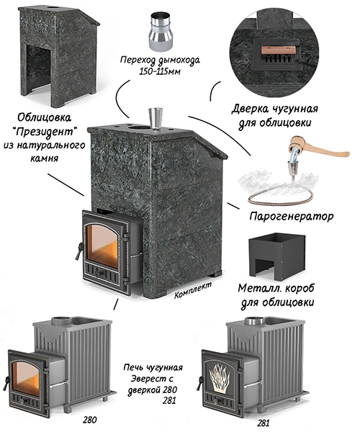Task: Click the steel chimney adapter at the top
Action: pyautogui.click(x=161, y=33)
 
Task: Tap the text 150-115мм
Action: pyautogui.click(x=160, y=71)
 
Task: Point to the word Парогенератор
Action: pyautogui.click(x=291, y=216)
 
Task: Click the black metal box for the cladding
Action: pyautogui.click(x=277, y=254)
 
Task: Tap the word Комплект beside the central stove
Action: pyautogui.click(x=193, y=290)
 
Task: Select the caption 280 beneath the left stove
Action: pyautogui.click(x=90, y=420)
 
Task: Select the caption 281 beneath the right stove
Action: pyautogui.click(x=263, y=423)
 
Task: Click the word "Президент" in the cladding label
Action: pyautogui.click(x=45, y=132)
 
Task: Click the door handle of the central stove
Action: pyautogui.click(x=78, y=251)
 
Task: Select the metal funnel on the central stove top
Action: pyautogui.click(x=156, y=119)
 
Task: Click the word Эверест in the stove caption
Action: pyautogui.click(x=152, y=379)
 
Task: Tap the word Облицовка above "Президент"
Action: pyautogui.click(x=45, y=118)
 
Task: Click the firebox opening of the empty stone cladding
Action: pyautogui.click(x=38, y=68)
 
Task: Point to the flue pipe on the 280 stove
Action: pyautogui.click(x=61, y=321)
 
